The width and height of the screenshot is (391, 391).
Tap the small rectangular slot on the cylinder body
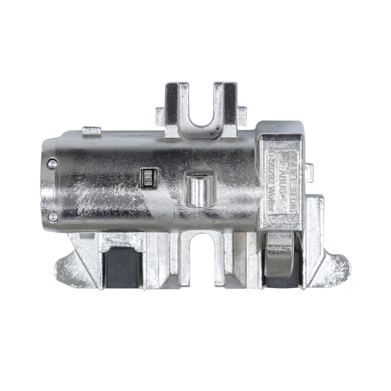tap(147, 177)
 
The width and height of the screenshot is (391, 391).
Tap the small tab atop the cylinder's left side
tap(93, 130)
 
